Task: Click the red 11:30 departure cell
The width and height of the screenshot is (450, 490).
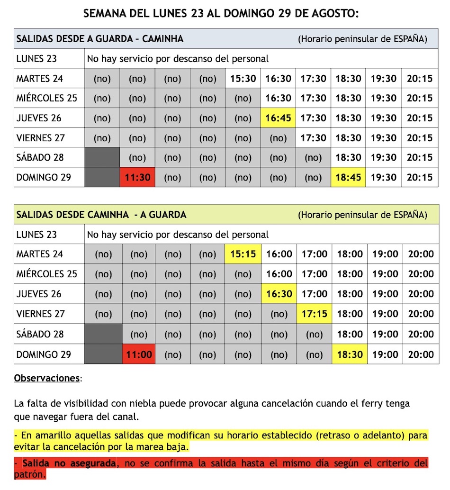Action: pos(137,177)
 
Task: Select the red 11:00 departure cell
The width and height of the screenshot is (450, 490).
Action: pos(139,354)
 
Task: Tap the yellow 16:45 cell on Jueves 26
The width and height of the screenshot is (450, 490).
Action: pos(278,118)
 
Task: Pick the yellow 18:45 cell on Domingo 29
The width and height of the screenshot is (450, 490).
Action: pos(348,177)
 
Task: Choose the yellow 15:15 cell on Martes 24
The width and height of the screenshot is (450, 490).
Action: pos(243,254)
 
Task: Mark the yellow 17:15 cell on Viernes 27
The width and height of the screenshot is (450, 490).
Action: pos(315,314)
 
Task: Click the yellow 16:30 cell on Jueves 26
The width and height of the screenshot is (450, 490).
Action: pos(279,294)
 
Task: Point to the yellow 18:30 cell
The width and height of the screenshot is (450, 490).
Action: pos(350,354)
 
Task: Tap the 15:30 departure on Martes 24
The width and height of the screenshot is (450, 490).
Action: pos(243,78)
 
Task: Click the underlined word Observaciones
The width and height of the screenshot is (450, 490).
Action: pos(47,378)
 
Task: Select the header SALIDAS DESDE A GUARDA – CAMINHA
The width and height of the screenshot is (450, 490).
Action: pos(100,39)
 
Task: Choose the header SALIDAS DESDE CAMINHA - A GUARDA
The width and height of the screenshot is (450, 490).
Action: pos(101,215)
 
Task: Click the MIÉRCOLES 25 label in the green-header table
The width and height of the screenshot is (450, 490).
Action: pos(46,274)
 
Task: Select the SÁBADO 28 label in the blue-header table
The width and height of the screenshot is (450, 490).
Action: pos(40,157)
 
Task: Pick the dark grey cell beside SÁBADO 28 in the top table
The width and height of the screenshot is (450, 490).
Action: pos(102,157)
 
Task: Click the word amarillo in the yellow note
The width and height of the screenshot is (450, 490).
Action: pos(61,435)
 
